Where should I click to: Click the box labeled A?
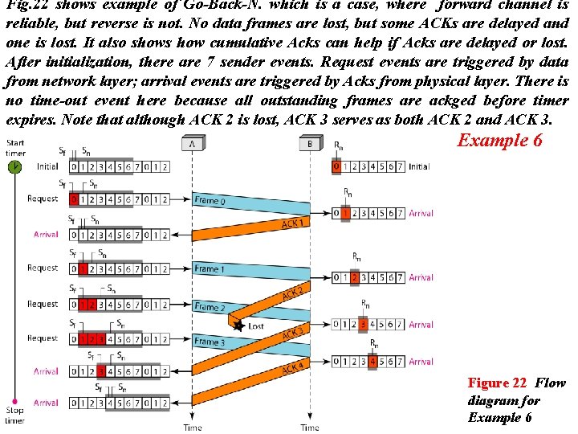pos(193,145)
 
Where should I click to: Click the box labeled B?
pos(310,145)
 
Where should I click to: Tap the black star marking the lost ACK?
pos(238,325)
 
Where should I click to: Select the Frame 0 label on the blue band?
pos(210,199)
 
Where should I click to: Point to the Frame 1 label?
pos(210,268)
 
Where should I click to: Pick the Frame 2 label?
pos(210,307)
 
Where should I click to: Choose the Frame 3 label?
pos(210,342)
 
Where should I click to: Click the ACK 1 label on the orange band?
pos(292,223)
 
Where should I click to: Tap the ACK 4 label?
pos(292,368)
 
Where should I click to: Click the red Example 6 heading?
pos(499,141)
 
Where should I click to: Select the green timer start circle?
pos(14,166)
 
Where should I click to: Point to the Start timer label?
pos(14,147)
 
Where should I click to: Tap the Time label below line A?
pos(193,428)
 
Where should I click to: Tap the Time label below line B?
pos(310,428)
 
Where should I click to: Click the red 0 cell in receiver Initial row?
pos(337,166)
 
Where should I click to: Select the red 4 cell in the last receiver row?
pos(372,362)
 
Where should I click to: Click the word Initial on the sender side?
pos(47,166)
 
